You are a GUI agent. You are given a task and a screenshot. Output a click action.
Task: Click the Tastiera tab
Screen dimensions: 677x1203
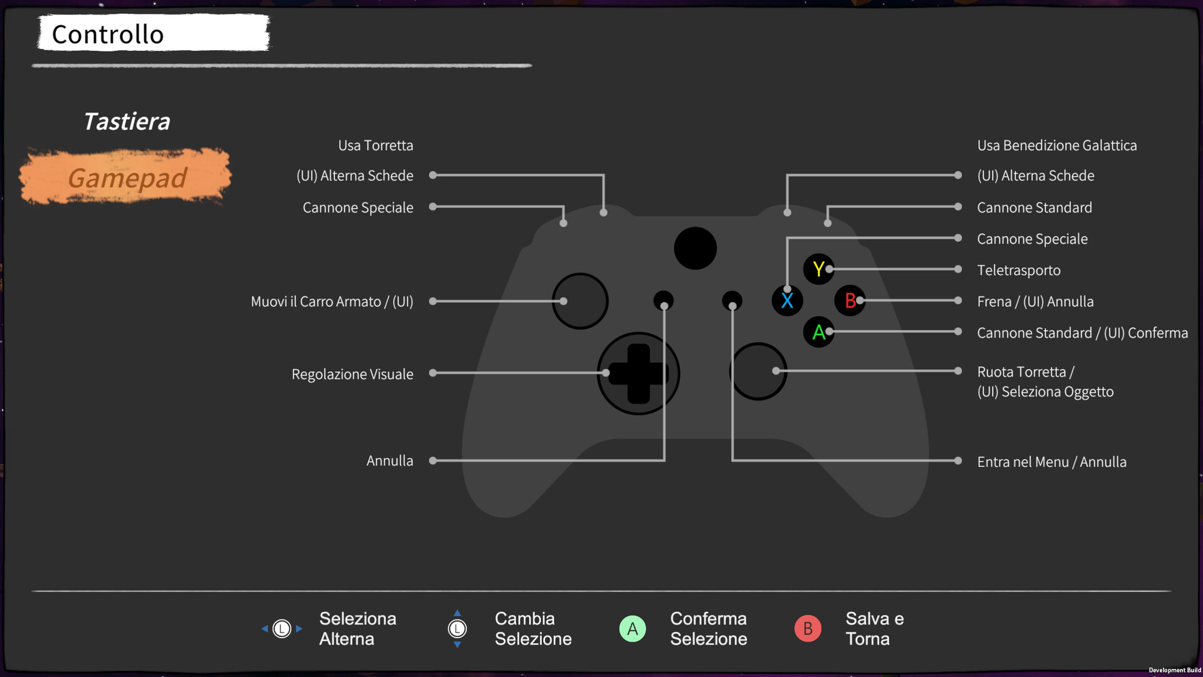pos(127,122)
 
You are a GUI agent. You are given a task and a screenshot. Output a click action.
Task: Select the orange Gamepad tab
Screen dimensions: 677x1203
pos(127,178)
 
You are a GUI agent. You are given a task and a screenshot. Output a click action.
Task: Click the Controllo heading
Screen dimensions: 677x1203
pos(108,34)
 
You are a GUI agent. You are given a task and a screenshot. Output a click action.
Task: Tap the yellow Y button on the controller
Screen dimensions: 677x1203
pos(818,269)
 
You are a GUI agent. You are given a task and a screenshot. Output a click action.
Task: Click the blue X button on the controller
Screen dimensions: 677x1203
pos(787,300)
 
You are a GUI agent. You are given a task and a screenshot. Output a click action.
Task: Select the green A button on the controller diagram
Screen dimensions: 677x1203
pos(818,332)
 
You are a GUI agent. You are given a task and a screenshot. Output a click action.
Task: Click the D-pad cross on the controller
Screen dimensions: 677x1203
pos(638,374)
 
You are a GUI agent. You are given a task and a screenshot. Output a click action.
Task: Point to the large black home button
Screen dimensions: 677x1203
pos(695,248)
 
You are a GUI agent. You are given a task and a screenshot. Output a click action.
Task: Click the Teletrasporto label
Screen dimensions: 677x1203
pos(1019,270)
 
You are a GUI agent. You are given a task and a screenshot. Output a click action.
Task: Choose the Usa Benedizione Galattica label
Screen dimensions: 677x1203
pos(1056,145)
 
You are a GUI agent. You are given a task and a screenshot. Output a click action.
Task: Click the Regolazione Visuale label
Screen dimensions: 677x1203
pos(352,374)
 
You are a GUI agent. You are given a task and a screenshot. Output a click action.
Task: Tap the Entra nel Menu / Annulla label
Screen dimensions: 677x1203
pos(1051,462)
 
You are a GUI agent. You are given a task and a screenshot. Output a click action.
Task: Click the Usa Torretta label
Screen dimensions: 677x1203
pos(375,145)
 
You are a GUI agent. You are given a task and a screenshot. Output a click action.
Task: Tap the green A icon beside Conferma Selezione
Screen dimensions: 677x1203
pos(632,628)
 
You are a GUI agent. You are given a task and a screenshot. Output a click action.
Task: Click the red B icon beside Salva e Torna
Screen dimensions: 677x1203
pos(808,628)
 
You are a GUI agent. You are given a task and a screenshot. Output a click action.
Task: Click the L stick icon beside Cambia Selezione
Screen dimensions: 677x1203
pos(457,628)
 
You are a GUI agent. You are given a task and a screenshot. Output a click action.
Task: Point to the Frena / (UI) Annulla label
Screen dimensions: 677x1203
pos(1035,302)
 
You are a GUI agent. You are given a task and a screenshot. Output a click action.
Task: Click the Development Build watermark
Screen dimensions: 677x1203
pos(1174,670)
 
